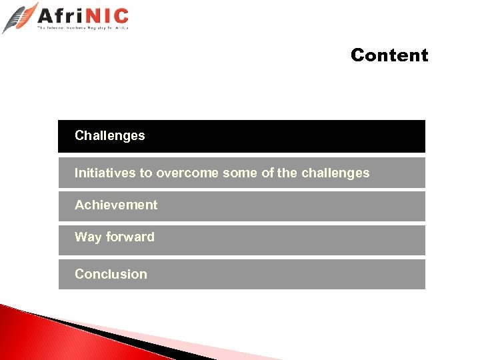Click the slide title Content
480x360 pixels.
[x=389, y=55]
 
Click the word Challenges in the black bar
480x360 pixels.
[x=109, y=136]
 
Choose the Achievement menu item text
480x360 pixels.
[x=116, y=205]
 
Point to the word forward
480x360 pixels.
[x=130, y=237]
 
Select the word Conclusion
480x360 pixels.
[x=111, y=275]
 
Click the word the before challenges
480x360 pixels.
[x=287, y=173]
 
